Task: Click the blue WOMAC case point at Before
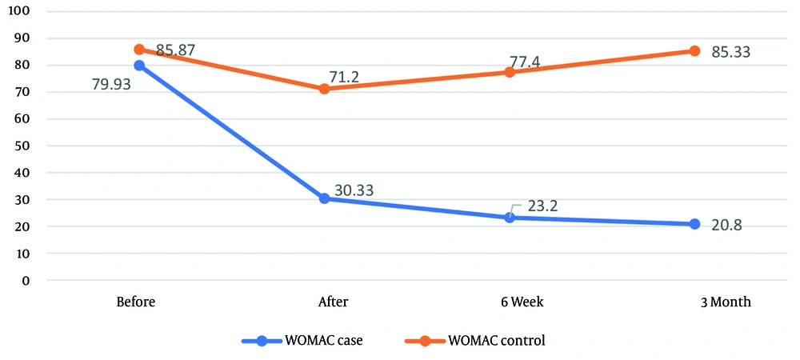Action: click(x=139, y=66)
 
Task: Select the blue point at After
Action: click(x=324, y=198)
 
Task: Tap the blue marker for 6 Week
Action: click(x=510, y=218)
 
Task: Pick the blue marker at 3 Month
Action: click(x=694, y=224)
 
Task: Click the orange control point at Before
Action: click(x=139, y=50)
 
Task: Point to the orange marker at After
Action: click(x=324, y=89)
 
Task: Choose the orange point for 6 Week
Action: click(x=510, y=72)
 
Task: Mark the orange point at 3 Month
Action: click(x=694, y=50)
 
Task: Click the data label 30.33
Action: click(x=354, y=190)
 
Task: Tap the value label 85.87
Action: click(x=176, y=50)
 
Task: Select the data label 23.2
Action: click(x=541, y=205)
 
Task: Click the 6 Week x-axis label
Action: click(x=510, y=302)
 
